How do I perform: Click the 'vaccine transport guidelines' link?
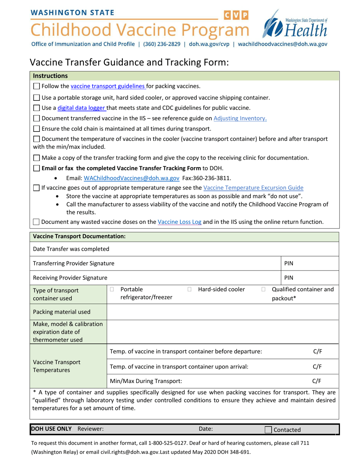(x=108, y=86)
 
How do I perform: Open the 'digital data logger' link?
(x=81, y=108)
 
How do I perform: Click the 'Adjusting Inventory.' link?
(x=240, y=118)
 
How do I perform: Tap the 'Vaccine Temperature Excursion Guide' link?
(x=253, y=187)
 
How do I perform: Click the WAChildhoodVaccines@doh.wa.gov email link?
(x=131, y=178)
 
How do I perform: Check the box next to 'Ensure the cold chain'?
(x=36, y=128)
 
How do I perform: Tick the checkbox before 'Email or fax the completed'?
(x=36, y=168)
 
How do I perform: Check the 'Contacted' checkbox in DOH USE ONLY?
(x=268, y=430)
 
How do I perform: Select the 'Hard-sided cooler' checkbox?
(x=189, y=289)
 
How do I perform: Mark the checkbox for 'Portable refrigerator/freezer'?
(x=112, y=289)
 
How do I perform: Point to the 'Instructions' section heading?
(x=50, y=76)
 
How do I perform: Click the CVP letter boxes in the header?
(x=236, y=16)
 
